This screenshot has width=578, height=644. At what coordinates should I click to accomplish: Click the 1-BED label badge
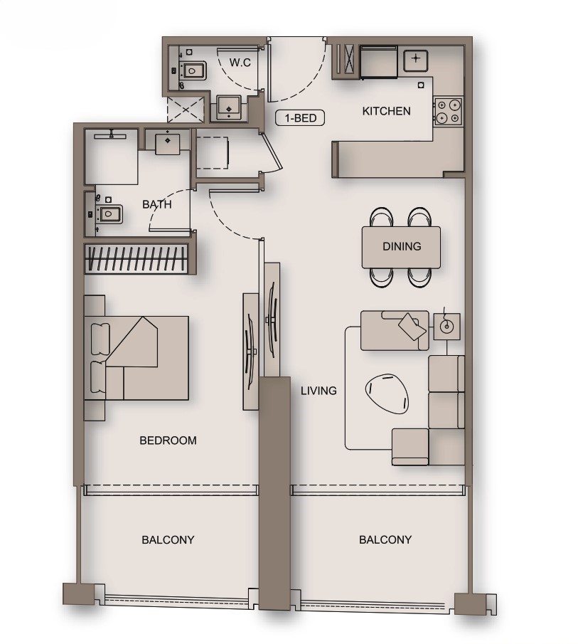coord(300,118)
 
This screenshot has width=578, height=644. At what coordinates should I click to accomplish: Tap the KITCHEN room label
coord(386,111)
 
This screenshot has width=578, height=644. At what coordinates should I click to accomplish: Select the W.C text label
coord(240,63)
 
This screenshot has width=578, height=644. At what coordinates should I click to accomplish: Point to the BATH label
coord(156,204)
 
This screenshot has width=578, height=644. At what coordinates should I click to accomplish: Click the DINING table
coord(401,247)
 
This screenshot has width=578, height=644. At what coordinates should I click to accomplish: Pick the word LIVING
coord(318,391)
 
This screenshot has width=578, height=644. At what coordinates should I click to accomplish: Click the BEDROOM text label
coord(168,440)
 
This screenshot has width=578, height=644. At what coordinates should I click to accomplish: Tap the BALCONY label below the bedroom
coord(168,539)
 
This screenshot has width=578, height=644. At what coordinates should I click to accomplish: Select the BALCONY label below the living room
coord(385,539)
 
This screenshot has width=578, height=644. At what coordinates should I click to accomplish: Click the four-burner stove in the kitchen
coord(448,111)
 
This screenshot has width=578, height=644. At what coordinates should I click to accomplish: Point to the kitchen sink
coord(414,60)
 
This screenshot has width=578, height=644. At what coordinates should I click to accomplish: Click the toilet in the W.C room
coord(193,70)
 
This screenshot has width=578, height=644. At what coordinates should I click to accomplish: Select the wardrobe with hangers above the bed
coord(137,258)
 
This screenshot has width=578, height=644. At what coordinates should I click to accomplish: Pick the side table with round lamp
coord(446,326)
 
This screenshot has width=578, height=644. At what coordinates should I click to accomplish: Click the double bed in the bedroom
coord(137,357)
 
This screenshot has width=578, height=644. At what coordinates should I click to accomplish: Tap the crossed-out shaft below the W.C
coord(186,110)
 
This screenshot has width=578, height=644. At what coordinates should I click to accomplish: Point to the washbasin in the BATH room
coord(168,141)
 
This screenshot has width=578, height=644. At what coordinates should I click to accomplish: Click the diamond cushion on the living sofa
coord(412,326)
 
